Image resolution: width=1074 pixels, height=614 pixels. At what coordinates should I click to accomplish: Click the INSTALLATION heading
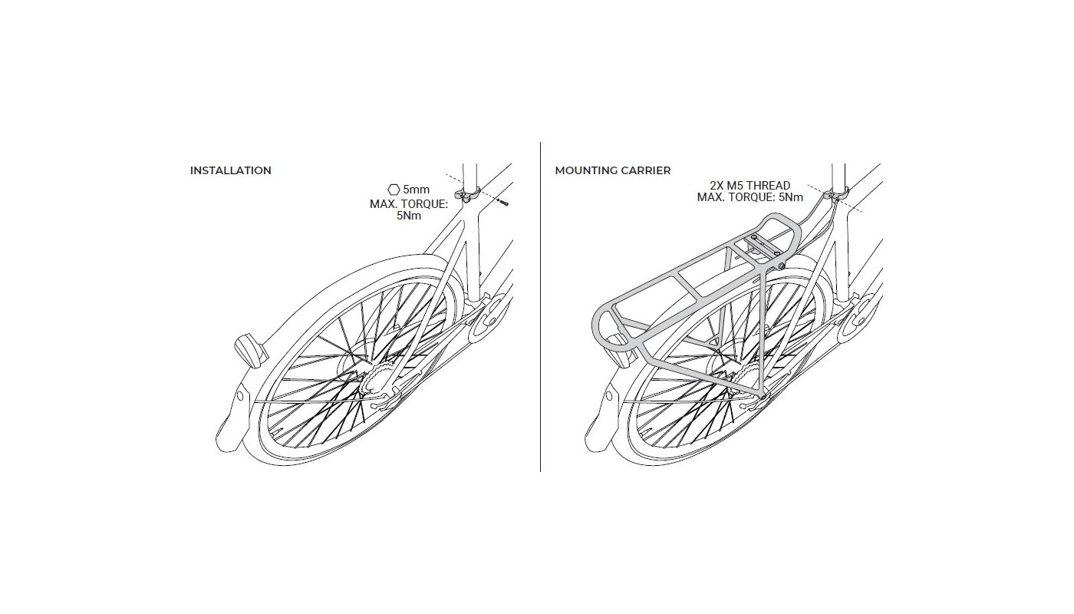click(231, 170)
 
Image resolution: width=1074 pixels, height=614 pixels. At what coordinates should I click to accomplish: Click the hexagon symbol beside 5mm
click(394, 190)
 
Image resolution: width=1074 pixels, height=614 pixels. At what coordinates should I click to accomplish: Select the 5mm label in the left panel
click(416, 190)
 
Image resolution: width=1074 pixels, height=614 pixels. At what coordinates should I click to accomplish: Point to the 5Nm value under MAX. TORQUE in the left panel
click(408, 216)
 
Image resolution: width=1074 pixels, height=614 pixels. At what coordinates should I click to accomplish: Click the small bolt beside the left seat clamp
click(503, 203)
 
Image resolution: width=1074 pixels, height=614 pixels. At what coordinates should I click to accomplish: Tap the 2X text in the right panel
click(717, 186)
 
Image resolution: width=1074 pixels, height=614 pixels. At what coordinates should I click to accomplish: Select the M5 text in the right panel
click(736, 186)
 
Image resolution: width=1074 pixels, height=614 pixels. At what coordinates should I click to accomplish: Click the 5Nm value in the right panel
click(791, 197)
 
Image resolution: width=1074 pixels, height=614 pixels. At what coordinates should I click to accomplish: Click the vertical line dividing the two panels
click(540, 307)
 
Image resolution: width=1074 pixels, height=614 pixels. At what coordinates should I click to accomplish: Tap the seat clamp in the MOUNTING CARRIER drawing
click(836, 194)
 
